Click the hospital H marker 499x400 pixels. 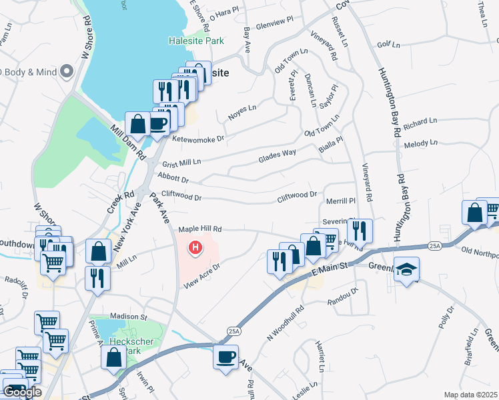pyautogui.click(x=195, y=249)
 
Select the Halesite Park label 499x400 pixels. pyautogui.click(x=195, y=41)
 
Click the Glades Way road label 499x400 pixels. pyautogui.click(x=277, y=157)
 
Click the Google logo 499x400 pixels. pyautogui.click(x=22, y=392)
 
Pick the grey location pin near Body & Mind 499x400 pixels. pyautogui.click(x=66, y=71)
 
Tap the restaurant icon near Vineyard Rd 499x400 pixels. pyautogui.click(x=360, y=231)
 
